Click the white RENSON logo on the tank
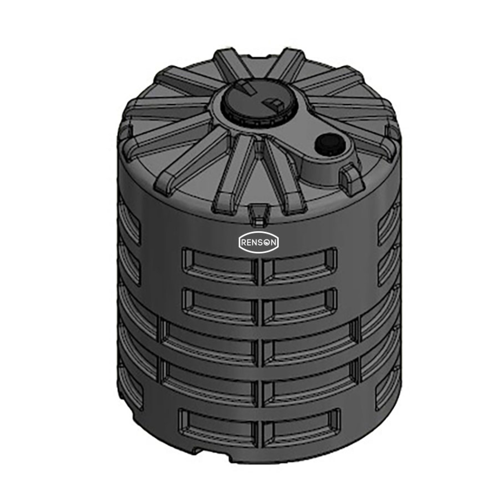point(259,242)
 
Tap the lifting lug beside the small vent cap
point(352,178)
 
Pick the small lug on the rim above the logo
point(257,213)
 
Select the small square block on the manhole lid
point(273,104)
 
